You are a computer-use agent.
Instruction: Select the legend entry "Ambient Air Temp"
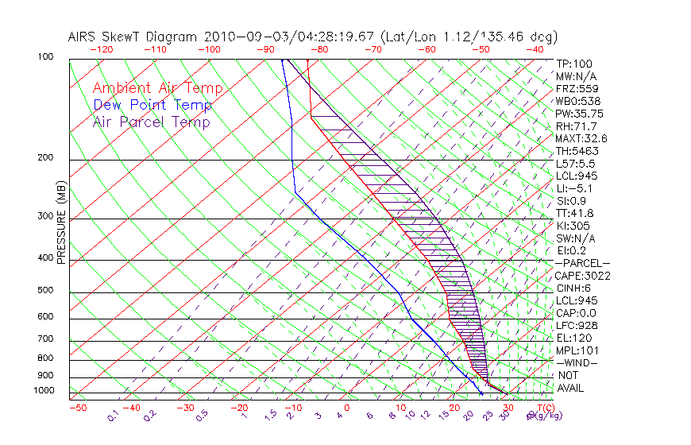(x=157, y=89)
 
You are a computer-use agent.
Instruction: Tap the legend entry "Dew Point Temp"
(x=152, y=106)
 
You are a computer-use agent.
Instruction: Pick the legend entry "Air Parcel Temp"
(x=151, y=122)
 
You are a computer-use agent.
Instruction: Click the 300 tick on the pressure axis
(x=45, y=216)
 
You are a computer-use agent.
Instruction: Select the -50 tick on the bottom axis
(x=77, y=408)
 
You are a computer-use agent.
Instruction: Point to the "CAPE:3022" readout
(x=582, y=276)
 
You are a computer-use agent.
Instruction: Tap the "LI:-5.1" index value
(x=575, y=188)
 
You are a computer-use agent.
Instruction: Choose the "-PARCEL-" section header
(x=582, y=263)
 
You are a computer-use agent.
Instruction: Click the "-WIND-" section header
(x=577, y=362)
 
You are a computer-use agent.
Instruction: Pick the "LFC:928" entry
(x=577, y=325)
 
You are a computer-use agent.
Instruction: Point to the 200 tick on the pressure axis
(x=45, y=158)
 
